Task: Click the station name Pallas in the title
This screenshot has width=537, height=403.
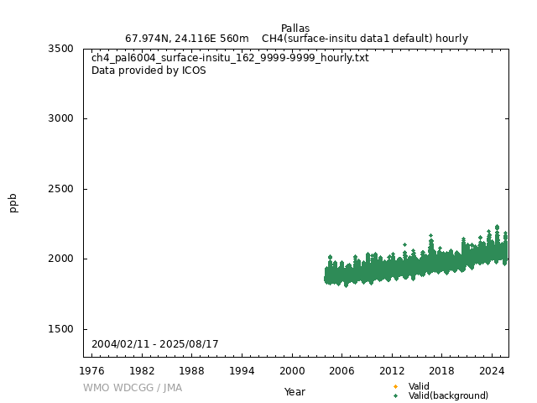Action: [x=295, y=29]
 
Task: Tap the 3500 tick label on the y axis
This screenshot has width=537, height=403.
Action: [x=60, y=49]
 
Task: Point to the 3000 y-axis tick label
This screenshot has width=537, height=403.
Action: [x=60, y=118]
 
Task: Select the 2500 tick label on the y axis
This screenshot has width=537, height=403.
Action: [x=60, y=189]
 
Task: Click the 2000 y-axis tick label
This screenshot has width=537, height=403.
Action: [x=60, y=259]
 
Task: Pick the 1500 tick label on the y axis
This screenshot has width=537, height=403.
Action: [x=60, y=329]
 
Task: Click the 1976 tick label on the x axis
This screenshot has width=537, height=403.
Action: [x=92, y=370]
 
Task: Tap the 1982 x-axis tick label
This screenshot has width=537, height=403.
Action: [x=142, y=370]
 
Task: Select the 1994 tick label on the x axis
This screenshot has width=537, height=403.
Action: [x=242, y=370]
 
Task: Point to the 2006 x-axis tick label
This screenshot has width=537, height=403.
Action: [x=341, y=370]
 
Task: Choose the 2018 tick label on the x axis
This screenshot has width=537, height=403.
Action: [x=441, y=370]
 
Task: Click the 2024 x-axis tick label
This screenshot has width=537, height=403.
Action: [x=491, y=370]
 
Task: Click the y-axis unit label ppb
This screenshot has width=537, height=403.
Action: [x=13, y=202]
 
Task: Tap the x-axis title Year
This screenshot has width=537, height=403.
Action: [x=295, y=391]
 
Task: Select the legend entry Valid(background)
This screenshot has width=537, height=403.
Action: [x=448, y=395]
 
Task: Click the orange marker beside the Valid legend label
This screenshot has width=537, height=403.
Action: [x=395, y=386]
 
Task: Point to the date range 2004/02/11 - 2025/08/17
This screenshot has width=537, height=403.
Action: [x=154, y=344]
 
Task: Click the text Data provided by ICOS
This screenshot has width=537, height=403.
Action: [x=149, y=71]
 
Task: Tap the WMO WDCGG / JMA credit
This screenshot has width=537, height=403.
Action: [x=132, y=388]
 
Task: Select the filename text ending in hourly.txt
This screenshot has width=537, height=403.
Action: [x=230, y=58]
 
